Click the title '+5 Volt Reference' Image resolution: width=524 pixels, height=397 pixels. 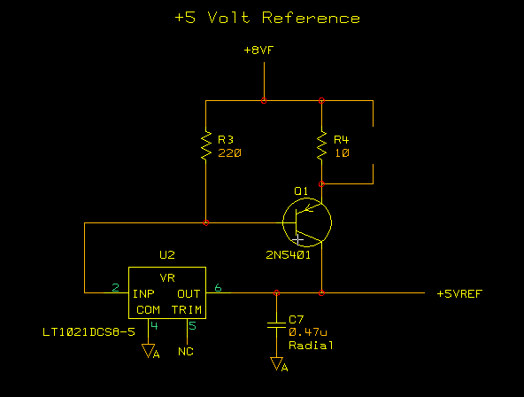[267, 18]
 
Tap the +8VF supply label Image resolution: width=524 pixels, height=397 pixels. [259, 51]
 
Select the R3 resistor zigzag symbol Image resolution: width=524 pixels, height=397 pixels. [206, 145]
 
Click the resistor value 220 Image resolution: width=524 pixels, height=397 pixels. [229, 153]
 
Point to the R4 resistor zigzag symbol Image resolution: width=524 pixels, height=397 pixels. [321, 145]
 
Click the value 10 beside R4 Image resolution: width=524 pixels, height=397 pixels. [342, 153]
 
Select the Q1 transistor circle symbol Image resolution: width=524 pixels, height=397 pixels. [307, 222]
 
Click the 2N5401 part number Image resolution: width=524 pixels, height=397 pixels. [288, 255]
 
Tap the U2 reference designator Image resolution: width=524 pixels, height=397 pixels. [167, 255]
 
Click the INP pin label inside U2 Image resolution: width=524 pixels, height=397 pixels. [143, 294]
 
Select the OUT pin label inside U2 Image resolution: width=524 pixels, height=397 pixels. [189, 294]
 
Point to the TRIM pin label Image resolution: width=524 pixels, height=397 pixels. [187, 309]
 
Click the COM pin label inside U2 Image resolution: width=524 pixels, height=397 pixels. [148, 309]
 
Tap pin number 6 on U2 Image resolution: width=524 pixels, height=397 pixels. [218, 288]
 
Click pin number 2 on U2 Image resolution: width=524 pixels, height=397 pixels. [116, 288]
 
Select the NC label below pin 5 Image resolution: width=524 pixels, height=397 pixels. [186, 352]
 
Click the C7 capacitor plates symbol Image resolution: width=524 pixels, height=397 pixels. [276, 325]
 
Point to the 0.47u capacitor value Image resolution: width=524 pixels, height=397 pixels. [308, 332]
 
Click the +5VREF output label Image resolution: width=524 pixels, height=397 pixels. [460, 294]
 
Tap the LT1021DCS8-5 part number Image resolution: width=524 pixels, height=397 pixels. [89, 332]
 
